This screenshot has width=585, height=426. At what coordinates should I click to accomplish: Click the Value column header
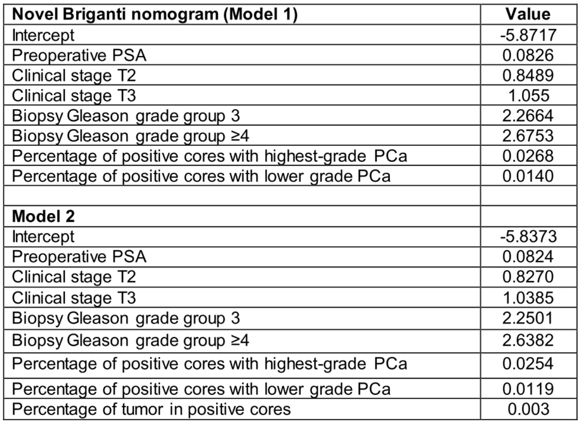pos(528,14)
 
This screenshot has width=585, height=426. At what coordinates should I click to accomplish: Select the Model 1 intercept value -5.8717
pos(528,35)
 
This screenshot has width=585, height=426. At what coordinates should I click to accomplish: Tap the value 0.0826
pos(528,55)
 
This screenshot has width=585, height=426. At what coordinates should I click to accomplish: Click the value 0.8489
pos(528,76)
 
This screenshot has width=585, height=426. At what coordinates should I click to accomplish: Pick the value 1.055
pos(529,95)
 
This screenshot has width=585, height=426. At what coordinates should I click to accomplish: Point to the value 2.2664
pos(528,116)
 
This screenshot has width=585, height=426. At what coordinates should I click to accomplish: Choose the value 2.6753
pos(528,136)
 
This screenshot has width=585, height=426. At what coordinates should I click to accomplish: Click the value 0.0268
pos(528,156)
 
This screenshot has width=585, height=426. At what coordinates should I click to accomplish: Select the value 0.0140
pos(528,176)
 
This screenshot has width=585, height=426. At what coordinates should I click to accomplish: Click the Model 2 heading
pos(43,216)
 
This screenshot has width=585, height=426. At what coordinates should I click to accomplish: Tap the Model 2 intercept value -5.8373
pos(528,237)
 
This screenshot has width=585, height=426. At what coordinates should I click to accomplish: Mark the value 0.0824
pos(528,256)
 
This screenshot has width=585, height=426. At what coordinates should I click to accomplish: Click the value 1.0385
pos(528,298)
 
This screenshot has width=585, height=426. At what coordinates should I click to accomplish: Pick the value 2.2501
pos(527,318)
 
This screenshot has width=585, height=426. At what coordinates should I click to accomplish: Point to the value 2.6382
pos(528,340)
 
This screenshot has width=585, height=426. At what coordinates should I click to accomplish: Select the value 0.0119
pos(528,389)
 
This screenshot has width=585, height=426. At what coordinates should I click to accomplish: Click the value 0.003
pos(529,409)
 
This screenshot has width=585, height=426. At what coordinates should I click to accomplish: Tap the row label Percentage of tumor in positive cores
pos(151,409)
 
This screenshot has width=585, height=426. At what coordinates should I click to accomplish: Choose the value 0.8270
pos(528,277)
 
